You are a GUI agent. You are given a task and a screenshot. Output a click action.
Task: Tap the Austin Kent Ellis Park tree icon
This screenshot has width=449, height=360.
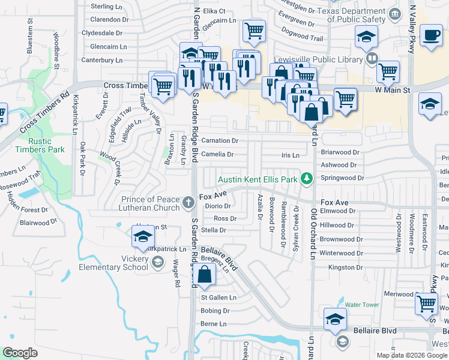click(307, 178)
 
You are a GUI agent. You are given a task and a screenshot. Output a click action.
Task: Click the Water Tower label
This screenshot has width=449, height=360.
click(362, 305)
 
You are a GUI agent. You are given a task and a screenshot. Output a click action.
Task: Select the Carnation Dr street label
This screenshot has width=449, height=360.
click(220, 140)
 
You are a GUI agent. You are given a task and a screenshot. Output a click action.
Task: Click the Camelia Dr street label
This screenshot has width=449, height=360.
click(217, 154)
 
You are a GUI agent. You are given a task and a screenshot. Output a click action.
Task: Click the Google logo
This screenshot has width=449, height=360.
click(20, 353)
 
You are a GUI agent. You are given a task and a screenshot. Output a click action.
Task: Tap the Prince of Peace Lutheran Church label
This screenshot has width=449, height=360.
click(150, 203)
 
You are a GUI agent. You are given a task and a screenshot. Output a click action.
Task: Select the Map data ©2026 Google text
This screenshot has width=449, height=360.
click(411, 355)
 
